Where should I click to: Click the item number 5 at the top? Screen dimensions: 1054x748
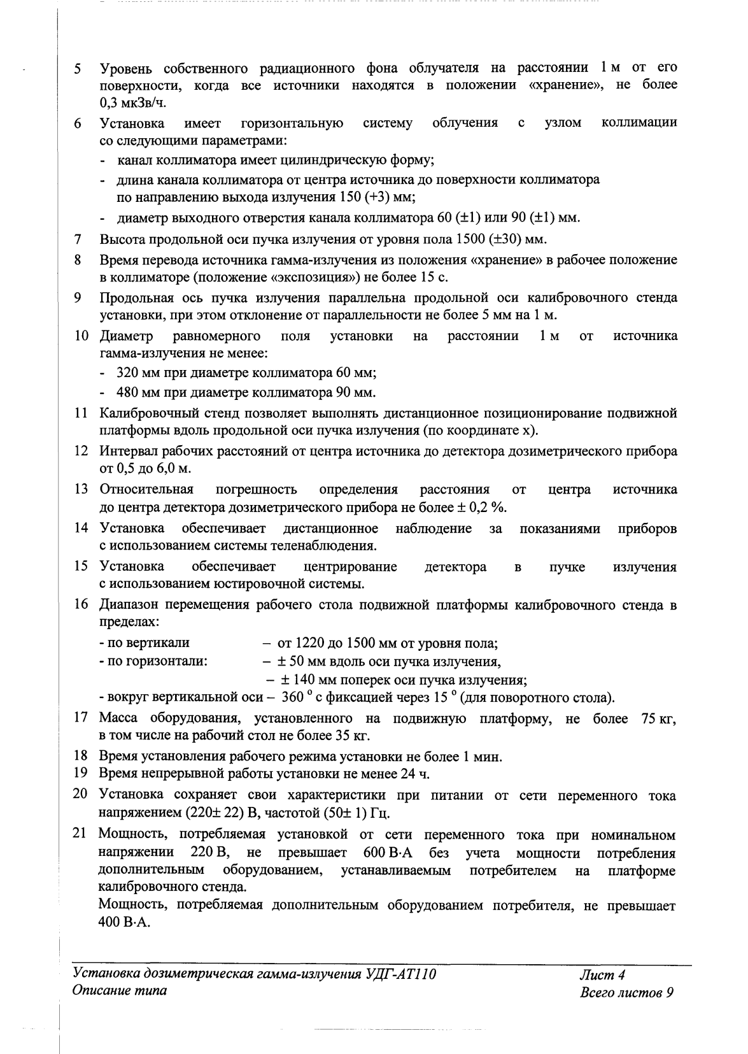coord(77,68)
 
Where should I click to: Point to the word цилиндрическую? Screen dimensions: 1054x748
coord(321,160)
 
